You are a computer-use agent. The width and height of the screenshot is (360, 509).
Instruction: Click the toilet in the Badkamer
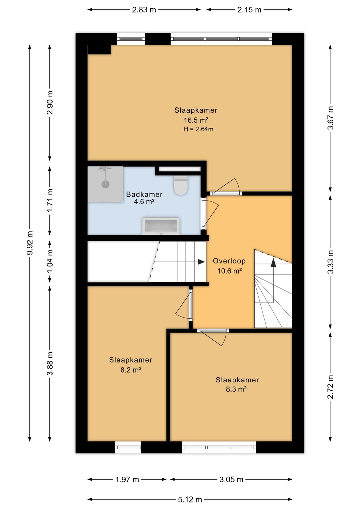[181, 185]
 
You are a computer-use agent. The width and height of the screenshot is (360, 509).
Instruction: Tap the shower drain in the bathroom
[105, 184]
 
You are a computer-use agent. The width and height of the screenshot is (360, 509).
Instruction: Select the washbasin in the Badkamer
[161, 226]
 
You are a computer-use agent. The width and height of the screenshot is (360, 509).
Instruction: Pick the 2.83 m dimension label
[144, 10]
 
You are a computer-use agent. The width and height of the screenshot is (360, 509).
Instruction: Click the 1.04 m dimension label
[50, 261]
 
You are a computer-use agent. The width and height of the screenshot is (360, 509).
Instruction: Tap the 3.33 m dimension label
[330, 262]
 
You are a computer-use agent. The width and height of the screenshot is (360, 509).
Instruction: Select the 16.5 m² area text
[196, 120]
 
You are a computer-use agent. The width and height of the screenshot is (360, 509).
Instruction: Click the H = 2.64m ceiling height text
[198, 129]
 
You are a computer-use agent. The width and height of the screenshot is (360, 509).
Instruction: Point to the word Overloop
[229, 261]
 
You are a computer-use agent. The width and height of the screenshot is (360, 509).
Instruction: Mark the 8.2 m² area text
[131, 370]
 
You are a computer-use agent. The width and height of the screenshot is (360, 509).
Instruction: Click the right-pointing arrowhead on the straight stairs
[201, 262]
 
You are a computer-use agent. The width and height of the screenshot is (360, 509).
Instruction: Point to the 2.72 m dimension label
[330, 387]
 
